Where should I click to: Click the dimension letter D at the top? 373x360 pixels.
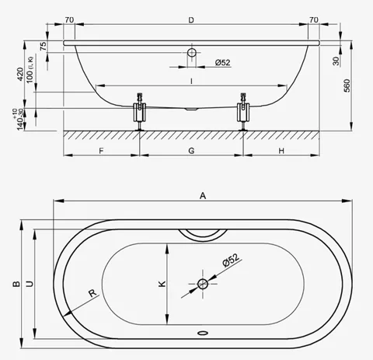coord(191,20)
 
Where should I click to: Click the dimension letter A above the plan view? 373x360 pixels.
coord(203,196)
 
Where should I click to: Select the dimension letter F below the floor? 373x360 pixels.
coord(101,151)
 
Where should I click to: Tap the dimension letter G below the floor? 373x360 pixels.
coord(191,151)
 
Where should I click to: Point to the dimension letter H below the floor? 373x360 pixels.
coord(281,151)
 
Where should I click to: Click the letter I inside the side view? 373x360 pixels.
coord(191,82)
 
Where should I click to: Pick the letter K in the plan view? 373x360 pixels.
coord(162,284)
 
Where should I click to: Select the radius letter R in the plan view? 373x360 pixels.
coord(92,293)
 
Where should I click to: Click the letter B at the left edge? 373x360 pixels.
coord(16,284)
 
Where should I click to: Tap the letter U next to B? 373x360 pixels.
coord(30,284)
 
